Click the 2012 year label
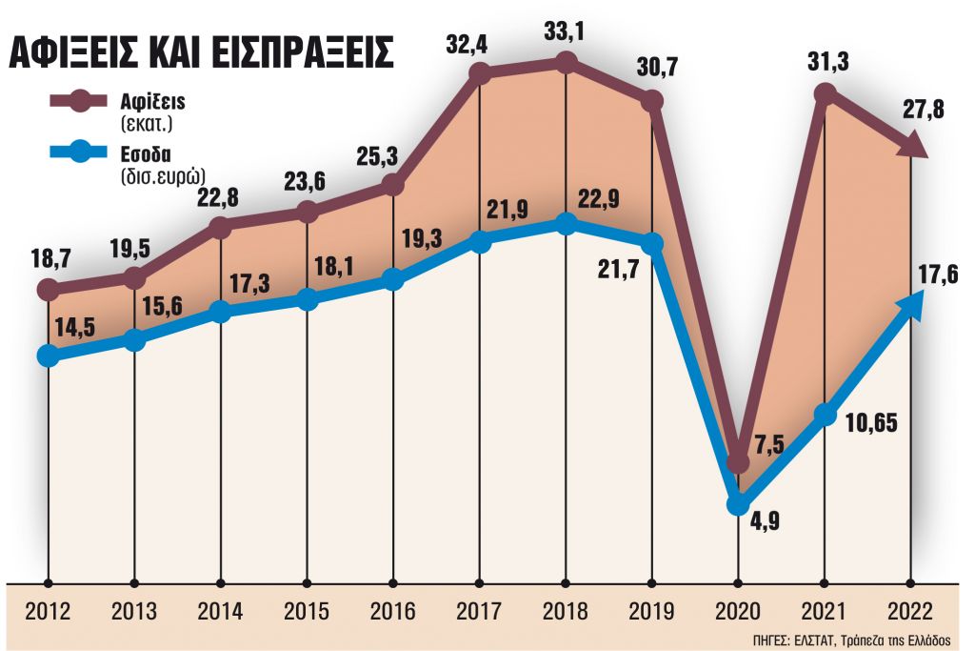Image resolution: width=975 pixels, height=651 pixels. click(x=49, y=609)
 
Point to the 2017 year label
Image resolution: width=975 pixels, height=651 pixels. click(x=480, y=609)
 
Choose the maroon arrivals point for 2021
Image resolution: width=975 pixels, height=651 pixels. click(x=826, y=92)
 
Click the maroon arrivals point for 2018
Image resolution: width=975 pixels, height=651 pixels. click(x=567, y=63)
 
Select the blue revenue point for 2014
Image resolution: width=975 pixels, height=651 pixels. click(x=221, y=313)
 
